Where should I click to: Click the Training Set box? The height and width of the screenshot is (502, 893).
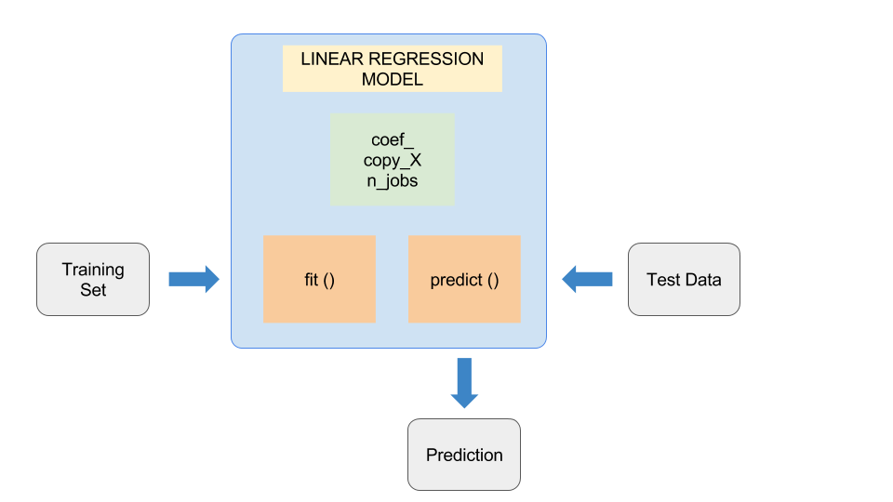coord(93,279)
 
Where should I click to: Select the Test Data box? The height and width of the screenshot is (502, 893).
coord(684,279)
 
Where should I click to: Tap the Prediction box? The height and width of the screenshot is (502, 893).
coord(463,455)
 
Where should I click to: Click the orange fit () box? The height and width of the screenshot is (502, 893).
coord(319,279)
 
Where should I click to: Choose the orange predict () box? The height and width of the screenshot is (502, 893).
coord(464,279)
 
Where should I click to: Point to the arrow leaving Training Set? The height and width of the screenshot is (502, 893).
coord(193,279)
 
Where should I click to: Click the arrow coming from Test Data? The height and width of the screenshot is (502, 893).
coord(588,279)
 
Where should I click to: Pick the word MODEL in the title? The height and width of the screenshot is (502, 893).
coord(392,80)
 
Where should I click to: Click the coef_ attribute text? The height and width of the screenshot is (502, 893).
coord(392,142)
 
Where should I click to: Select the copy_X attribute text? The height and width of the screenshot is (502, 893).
coord(392,161)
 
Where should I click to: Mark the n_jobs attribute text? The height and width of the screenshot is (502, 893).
coord(392,180)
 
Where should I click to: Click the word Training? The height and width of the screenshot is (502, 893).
coord(93,270)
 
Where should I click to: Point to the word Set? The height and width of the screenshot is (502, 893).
coord(93,290)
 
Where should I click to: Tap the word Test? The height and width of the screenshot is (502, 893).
coord(663,280)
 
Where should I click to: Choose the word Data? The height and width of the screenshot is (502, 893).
coord(702,280)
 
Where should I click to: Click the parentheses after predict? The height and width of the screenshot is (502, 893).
coord(493,280)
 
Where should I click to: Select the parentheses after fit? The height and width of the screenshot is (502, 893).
coord(328,280)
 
